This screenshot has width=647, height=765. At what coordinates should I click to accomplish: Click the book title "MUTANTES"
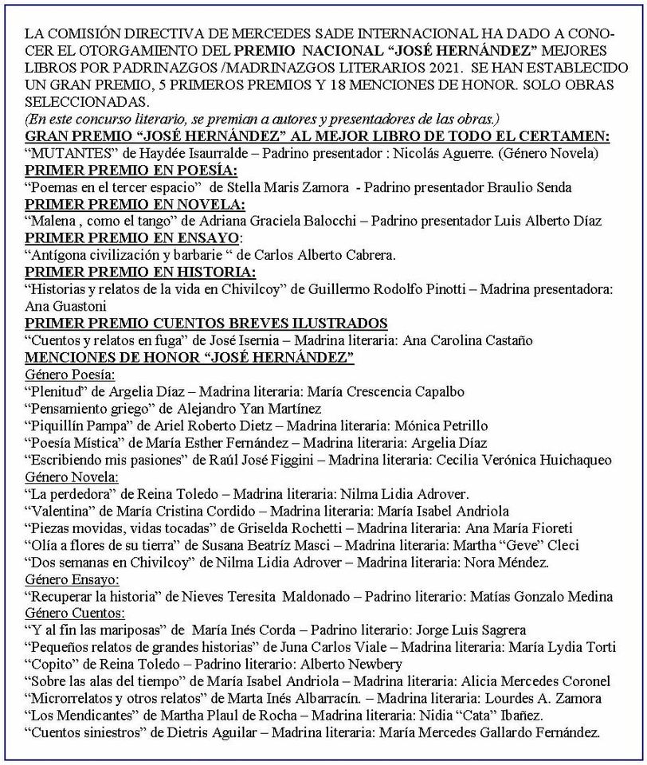click(x=62, y=152)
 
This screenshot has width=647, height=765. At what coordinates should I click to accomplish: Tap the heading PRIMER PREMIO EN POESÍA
click(x=131, y=170)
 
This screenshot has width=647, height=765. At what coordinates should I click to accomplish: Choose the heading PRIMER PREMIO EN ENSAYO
click(x=132, y=237)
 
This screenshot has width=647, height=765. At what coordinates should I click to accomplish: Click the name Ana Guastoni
click(x=65, y=306)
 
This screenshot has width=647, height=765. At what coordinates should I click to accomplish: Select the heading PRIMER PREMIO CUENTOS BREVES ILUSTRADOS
click(x=206, y=323)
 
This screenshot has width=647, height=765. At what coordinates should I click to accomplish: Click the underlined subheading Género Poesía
click(x=71, y=375)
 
